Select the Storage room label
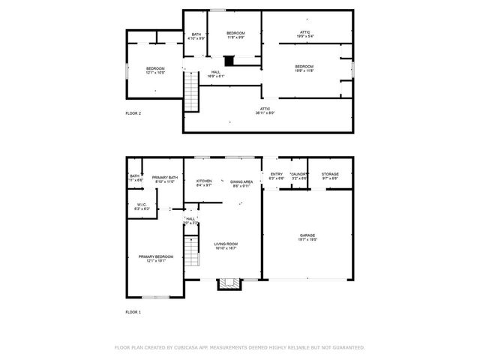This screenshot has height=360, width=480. [x=330, y=176]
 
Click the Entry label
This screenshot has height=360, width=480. [x=277, y=176]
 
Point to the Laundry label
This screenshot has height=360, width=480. [x=298, y=176]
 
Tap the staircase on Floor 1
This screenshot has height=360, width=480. [x=193, y=250]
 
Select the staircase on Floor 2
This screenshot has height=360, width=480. [x=193, y=95]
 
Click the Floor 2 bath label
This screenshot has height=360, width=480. [x=196, y=36]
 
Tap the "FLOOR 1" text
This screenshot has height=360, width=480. [x=133, y=311]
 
